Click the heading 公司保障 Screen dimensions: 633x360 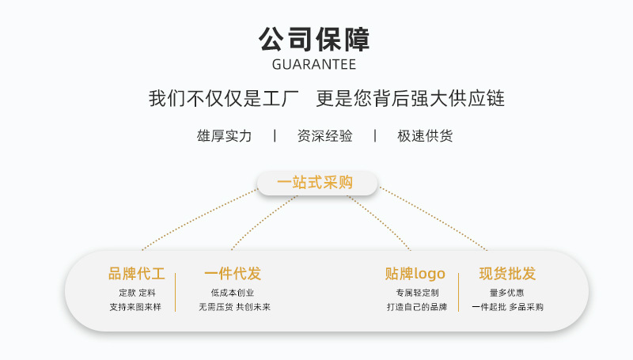(314, 39)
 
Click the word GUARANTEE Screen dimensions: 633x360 (314, 64)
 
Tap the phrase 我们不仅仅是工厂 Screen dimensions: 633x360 (223, 99)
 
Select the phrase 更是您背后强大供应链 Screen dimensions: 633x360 (410, 99)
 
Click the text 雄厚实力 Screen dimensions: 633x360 (224, 136)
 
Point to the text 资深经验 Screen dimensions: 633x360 (324, 136)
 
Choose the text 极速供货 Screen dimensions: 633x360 (425, 136)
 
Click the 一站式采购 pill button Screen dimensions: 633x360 (315, 183)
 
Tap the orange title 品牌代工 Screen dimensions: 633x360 (137, 275)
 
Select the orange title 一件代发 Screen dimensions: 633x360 (233, 275)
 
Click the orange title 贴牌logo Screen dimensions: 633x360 (415, 275)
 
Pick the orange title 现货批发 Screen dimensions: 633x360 (507, 275)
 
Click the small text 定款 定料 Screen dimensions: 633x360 (137, 293)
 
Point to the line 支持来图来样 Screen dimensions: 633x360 (135, 307)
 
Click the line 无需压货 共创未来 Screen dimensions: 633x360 (234, 307)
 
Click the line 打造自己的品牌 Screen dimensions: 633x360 (417, 307)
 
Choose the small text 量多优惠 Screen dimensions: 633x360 (507, 293)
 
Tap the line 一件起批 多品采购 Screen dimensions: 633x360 (507, 307)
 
